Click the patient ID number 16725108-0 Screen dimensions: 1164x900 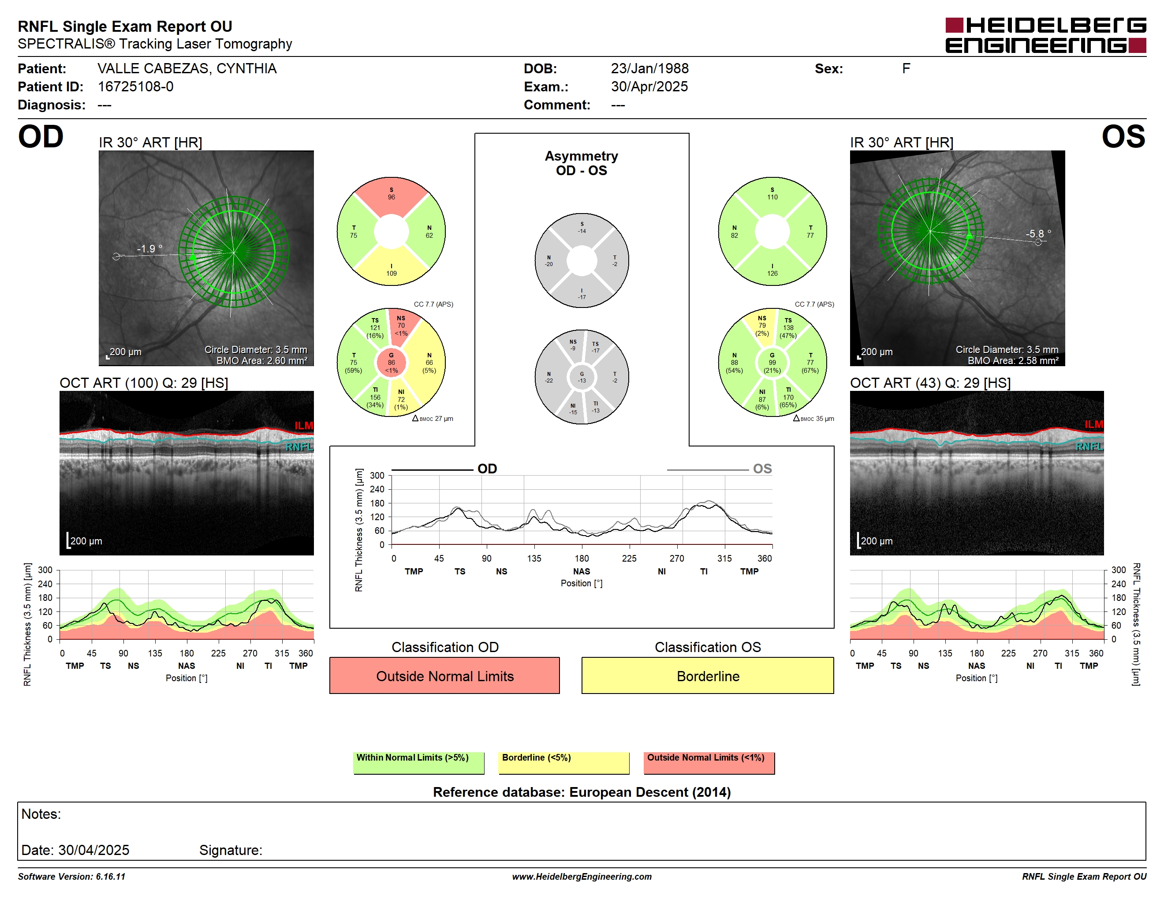point(135,86)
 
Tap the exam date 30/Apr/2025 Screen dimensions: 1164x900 point(649,86)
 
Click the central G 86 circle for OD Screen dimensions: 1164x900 point(391,363)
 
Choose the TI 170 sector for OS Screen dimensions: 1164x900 point(789,399)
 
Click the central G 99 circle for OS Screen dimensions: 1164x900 point(772,363)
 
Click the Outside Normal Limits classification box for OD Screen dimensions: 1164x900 point(444,675)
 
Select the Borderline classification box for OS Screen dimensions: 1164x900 point(707,675)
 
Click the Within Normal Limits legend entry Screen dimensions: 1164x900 point(418,762)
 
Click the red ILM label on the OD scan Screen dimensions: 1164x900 point(304,425)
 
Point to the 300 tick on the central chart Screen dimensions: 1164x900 point(377,476)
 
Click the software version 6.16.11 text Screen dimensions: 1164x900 point(71,877)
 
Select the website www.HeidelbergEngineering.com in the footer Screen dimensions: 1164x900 point(582,877)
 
